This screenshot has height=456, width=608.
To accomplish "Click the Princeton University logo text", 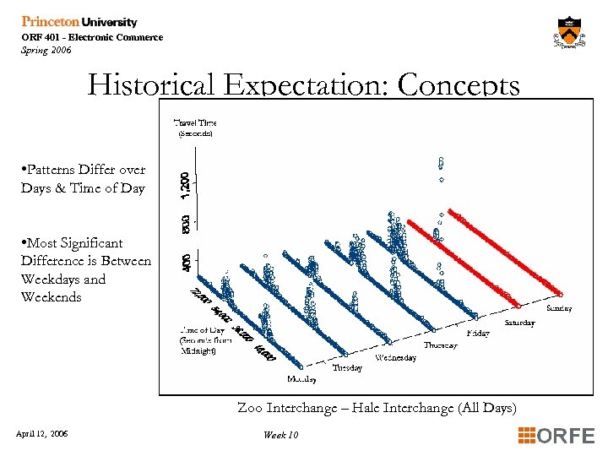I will click(x=79, y=22).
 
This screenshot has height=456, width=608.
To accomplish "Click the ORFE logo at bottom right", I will click(x=556, y=436).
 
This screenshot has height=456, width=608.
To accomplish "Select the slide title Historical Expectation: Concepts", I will click(x=304, y=84).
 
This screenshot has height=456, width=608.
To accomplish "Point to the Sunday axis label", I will click(x=558, y=308).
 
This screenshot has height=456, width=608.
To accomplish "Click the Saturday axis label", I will click(x=518, y=323).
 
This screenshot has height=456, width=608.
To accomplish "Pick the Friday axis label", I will click(x=477, y=334).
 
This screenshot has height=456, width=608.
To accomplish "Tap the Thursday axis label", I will click(x=440, y=345).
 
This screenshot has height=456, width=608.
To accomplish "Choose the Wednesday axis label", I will click(x=395, y=357).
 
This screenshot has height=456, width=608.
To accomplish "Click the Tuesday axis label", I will click(x=347, y=368).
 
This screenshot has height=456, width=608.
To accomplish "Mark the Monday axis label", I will click(x=301, y=380).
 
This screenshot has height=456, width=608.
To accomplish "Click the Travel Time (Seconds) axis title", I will click(x=194, y=128).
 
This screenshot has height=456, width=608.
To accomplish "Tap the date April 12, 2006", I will click(x=42, y=434).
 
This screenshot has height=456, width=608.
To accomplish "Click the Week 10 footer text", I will click(x=280, y=435).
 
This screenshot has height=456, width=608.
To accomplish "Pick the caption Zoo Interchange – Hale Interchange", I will click(x=377, y=408).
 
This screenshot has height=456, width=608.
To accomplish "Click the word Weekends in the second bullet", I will click(x=52, y=297).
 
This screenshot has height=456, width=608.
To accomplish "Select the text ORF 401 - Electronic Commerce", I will click(x=92, y=37).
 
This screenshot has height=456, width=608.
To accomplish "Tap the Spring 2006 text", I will click(x=46, y=50).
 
